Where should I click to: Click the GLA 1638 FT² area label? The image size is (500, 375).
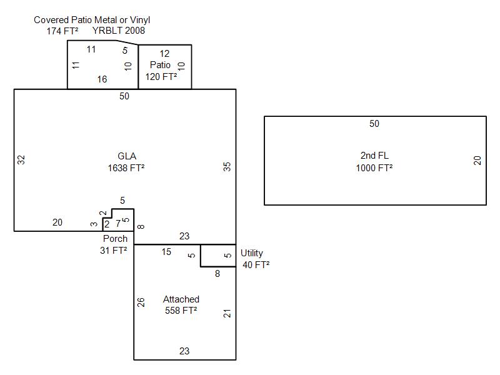[127, 162]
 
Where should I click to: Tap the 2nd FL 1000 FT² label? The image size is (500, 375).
[374, 162]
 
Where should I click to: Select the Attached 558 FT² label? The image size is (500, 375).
[181, 305]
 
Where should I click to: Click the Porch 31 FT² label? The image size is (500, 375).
[115, 244]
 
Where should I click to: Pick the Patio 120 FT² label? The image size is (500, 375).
[161, 71]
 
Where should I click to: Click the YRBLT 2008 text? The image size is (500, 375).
[119, 30]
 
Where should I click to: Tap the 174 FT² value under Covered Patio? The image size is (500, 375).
[61, 30]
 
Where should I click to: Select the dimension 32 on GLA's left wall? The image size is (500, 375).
[21, 159]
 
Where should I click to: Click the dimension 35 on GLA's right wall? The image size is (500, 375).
[227, 166]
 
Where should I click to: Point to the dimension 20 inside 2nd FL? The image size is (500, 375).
[477, 160]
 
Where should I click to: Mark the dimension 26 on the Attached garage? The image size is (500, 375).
[141, 302]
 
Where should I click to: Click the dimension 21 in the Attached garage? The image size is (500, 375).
[227, 312]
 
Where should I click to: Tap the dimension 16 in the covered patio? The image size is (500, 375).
[102, 79]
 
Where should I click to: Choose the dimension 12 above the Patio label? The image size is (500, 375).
[164, 54]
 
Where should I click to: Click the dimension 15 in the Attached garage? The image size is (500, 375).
[166, 252]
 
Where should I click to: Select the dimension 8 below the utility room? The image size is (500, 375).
[217, 273]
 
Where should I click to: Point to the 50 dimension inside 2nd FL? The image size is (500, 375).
[374, 124]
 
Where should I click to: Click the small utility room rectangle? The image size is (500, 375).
[218, 256]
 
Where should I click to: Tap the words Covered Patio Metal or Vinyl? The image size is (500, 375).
[92, 20]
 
